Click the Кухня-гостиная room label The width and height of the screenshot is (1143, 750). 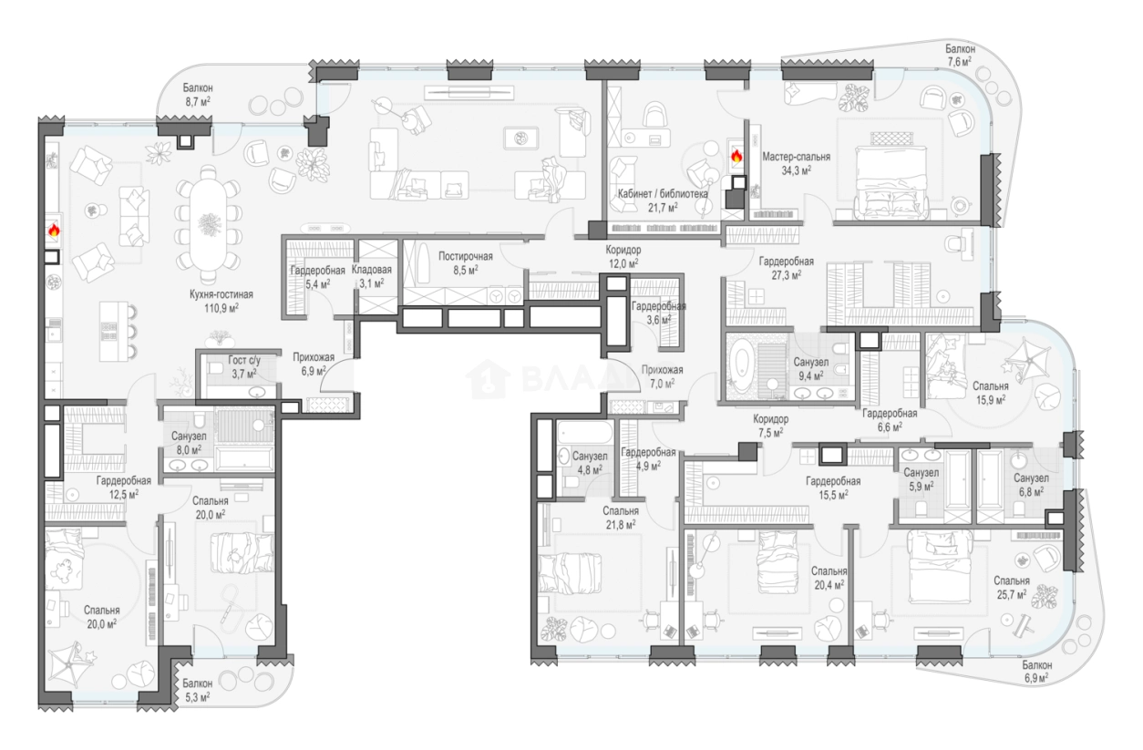point(221,301)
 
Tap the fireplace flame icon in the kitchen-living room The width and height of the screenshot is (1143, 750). point(54,231)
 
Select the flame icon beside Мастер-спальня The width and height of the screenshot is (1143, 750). point(736,156)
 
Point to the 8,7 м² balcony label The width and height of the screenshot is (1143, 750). point(198,95)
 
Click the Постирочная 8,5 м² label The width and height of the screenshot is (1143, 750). point(466,262)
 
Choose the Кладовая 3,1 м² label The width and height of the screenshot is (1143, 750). point(372,276)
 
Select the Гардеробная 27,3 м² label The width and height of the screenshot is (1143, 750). point(786,268)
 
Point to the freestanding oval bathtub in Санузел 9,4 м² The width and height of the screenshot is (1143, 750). point(740,365)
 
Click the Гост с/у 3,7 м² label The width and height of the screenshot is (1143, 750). point(244,367)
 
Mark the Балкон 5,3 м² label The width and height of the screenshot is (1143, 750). point(197,690)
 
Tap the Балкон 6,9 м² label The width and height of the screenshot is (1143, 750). point(1037,672)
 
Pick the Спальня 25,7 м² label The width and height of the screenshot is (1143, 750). point(1012,588)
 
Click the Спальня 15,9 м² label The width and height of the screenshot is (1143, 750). point(991,393)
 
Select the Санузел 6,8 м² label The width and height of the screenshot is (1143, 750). point(1031,485)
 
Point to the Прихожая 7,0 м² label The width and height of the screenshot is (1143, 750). point(662,376)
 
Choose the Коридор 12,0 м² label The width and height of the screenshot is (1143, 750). point(623,257)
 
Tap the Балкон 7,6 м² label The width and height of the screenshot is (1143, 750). point(960,55)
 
